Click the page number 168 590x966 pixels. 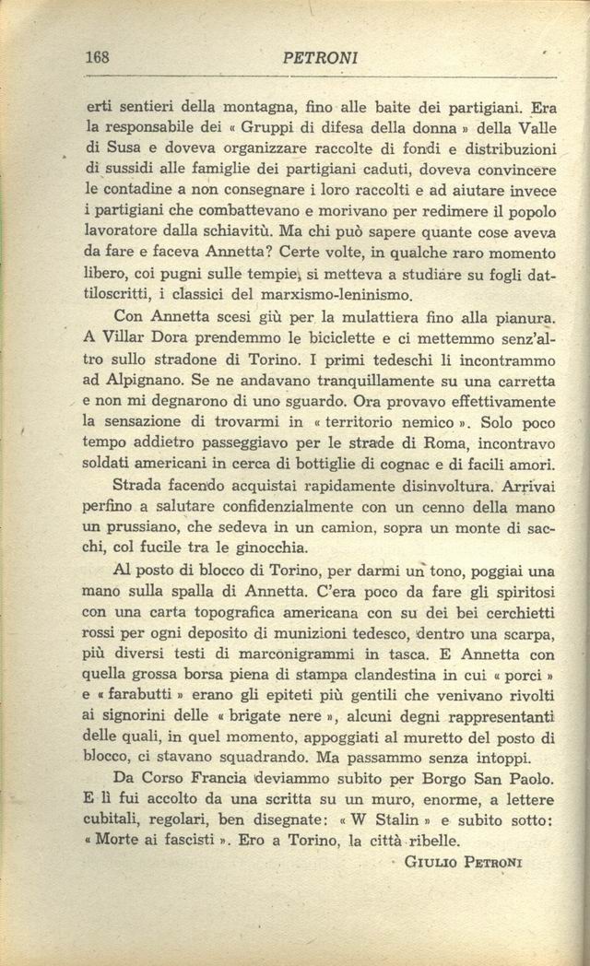[97, 57]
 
